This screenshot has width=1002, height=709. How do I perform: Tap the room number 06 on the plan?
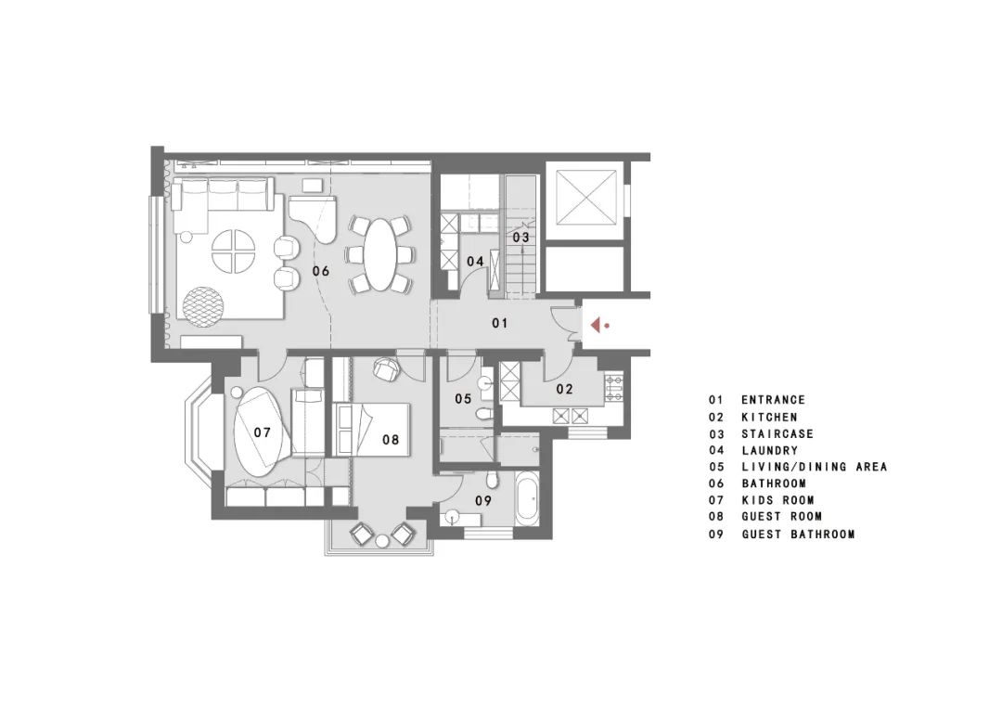point(321,271)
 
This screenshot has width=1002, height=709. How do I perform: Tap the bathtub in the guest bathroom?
point(526,497)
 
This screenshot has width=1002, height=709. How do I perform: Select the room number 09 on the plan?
point(483,500)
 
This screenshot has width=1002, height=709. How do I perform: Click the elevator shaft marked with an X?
point(585,198)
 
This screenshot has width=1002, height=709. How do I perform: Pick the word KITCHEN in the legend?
point(769,417)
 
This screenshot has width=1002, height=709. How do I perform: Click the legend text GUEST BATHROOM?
point(798,534)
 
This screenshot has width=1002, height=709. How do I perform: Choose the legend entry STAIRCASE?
point(777,433)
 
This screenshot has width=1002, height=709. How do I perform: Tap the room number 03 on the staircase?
point(521,238)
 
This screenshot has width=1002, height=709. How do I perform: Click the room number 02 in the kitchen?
point(565,389)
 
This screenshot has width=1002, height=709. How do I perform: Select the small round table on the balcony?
point(382,542)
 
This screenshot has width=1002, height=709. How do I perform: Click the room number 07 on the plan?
point(262,432)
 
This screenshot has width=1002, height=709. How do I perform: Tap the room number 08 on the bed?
point(391,439)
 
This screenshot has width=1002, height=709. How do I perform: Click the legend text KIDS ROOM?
point(777,500)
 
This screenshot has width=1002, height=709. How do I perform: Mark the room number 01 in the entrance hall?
point(500,323)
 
